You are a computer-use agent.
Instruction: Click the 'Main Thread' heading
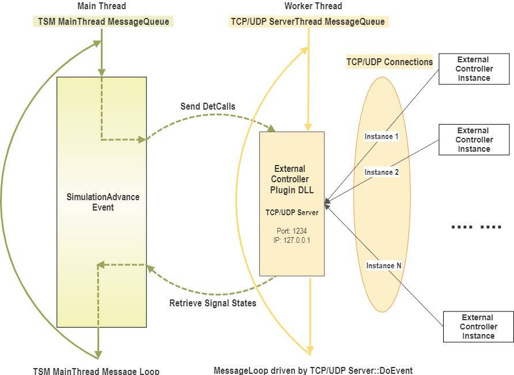(101, 6)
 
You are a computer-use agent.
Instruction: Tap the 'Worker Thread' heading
(313, 6)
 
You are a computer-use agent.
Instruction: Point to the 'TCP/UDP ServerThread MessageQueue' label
(308, 22)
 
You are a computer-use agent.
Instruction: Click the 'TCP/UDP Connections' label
(389, 62)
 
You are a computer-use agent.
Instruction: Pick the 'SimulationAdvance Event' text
(103, 202)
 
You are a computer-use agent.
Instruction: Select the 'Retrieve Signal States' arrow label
(213, 303)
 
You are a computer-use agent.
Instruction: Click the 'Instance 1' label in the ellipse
(381, 137)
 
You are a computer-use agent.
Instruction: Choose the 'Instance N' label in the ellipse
(384, 266)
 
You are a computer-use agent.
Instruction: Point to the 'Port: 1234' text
(292, 231)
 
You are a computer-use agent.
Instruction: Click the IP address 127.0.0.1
(292, 239)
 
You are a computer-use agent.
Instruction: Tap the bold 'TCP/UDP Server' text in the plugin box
(292, 212)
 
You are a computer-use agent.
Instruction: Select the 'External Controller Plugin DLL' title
(292, 179)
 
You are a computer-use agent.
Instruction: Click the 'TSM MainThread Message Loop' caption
(96, 370)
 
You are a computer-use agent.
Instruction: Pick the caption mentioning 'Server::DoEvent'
(313, 370)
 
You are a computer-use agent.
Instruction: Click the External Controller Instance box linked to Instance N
(478, 326)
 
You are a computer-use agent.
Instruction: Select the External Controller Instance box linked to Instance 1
(474, 69)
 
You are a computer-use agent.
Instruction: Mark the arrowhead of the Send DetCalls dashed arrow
(272, 128)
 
